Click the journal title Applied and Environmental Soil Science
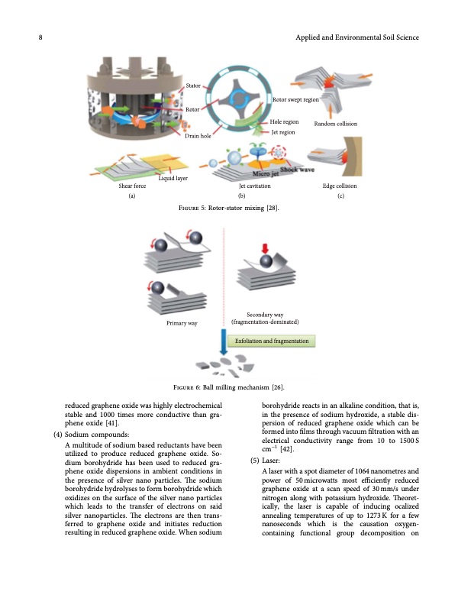[x=356, y=37]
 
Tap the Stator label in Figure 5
[x=193, y=86]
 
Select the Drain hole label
[x=197, y=136]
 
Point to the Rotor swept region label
[x=295, y=100]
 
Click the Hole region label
[x=284, y=122]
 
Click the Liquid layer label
[x=173, y=178]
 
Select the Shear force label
[x=132, y=186]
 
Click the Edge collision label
[x=340, y=186]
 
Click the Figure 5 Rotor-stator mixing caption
[x=228, y=209]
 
